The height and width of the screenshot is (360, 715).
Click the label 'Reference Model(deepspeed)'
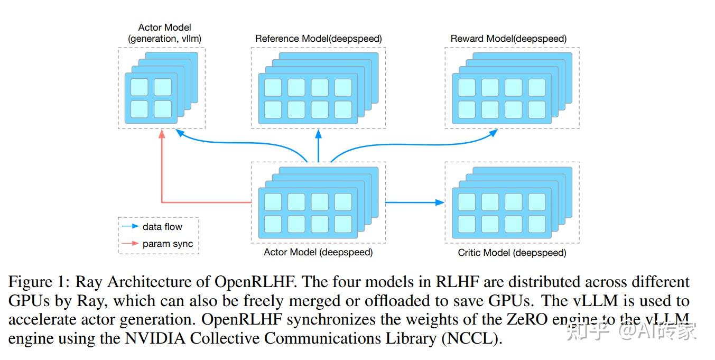pyautogui.click(x=318, y=39)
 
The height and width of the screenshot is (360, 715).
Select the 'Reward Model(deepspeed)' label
pyautogui.click(x=508, y=39)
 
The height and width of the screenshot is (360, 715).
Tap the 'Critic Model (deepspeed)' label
pyautogui.click(x=512, y=253)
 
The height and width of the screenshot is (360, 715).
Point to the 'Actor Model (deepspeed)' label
pyautogui.click(x=318, y=252)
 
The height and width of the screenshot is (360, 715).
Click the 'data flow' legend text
pyautogui.click(x=162, y=227)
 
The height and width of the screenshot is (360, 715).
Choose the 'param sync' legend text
pyautogui.click(x=168, y=244)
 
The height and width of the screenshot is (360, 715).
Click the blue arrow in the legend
pyautogui.click(x=130, y=227)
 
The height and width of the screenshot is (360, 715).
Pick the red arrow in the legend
pyautogui.click(x=130, y=244)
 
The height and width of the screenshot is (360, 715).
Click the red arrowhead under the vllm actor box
pyautogui.click(x=162, y=135)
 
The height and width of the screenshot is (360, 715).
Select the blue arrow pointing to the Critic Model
pyautogui.click(x=414, y=202)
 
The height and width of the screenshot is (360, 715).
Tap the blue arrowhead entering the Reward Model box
pyautogui.click(x=493, y=133)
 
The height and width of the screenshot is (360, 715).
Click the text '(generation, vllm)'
pyautogui.click(x=164, y=39)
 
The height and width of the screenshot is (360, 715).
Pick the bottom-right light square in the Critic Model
pyautogui.click(x=536, y=224)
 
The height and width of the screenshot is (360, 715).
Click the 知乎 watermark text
pyautogui.click(x=582, y=331)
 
